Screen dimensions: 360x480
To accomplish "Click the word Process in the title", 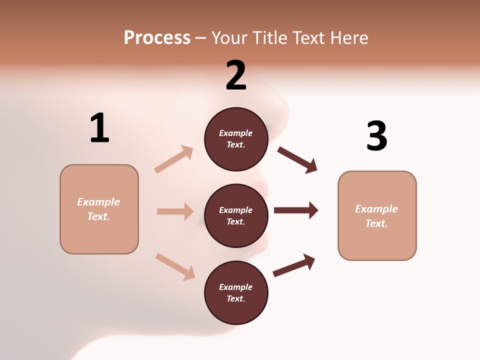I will tap(157, 38).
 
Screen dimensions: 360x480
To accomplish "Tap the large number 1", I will tap(99, 128).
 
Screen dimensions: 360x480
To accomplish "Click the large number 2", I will tap(236, 75).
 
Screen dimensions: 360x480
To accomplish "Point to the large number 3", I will tap(376, 136).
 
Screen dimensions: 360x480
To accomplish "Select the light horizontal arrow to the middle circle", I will tap(175, 211).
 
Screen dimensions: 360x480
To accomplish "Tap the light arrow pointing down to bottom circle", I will tap(175, 266).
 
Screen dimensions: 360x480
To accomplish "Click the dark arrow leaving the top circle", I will tap(297, 160).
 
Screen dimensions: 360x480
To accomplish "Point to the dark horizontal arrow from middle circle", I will tap(296, 210).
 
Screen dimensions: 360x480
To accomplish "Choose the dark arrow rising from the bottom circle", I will tap(294, 265).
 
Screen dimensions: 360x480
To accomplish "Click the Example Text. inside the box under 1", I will tap(98, 209).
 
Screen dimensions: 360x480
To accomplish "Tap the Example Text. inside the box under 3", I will tap(376, 216).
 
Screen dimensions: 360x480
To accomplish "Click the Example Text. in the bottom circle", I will tap(236, 292).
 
